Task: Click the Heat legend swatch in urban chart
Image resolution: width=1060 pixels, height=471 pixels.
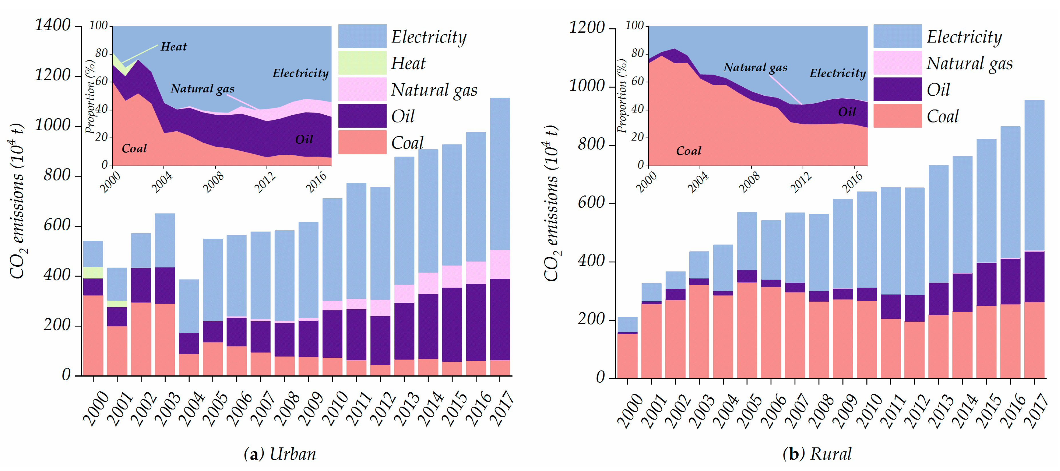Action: (362, 63)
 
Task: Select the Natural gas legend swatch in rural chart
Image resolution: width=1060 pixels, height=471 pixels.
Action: (898, 63)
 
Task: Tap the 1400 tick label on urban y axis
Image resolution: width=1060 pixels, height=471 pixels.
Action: (53, 25)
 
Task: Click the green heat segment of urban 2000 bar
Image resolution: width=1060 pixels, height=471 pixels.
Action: (93, 272)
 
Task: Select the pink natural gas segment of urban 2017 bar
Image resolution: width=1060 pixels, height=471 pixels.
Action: (500, 264)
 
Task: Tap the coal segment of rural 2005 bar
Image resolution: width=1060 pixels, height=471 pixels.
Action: (747, 329)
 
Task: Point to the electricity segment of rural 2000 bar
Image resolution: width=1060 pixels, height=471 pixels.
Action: (627, 324)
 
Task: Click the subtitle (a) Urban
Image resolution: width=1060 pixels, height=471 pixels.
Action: (280, 454)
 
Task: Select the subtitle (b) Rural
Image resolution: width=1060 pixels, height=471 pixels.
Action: (817, 454)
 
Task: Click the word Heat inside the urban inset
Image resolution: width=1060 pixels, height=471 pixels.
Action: (174, 47)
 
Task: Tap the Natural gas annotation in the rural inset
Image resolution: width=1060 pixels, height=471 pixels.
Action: (755, 67)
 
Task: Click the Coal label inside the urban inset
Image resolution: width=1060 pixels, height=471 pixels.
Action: (134, 148)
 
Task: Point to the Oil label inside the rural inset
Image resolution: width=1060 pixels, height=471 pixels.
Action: (847, 112)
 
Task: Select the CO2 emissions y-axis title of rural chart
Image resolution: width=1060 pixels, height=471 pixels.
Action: (551, 204)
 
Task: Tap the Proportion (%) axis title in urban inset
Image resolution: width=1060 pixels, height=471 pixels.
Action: (90, 97)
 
